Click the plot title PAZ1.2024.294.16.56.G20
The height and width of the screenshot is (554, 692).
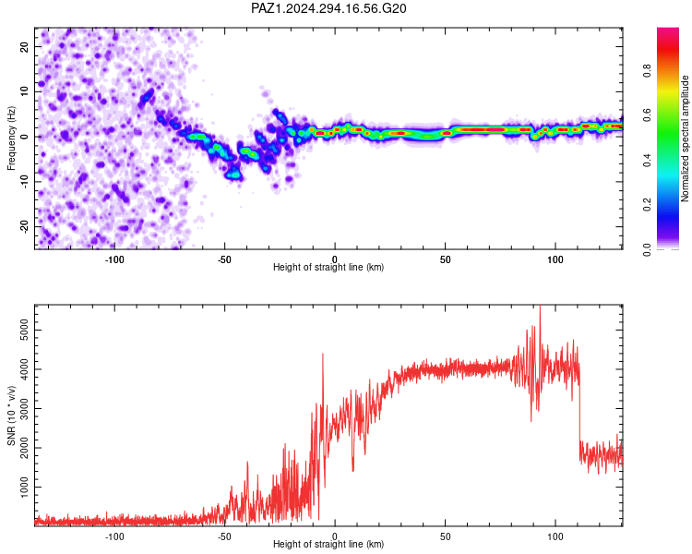tap(328, 8)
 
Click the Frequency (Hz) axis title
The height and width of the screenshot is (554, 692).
tap(11, 138)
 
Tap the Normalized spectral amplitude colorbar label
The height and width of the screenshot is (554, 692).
tap(685, 138)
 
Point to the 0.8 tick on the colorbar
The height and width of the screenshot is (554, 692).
tap(647, 71)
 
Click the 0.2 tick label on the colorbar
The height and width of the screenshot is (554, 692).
tap(647, 205)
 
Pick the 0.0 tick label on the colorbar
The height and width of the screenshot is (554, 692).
tap(647, 249)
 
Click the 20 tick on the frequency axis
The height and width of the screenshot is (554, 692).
tap(25, 47)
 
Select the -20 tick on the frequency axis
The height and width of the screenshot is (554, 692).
tap(25, 227)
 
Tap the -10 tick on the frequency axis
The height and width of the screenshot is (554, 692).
tap(25, 182)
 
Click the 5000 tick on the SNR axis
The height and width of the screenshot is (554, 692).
tap(25, 331)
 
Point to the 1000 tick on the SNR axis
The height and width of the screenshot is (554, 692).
tap(25, 488)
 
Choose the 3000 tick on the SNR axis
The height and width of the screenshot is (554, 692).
tap(25, 409)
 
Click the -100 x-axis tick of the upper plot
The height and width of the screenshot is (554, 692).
tap(114, 259)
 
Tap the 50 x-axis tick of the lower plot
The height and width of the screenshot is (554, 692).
tap(445, 536)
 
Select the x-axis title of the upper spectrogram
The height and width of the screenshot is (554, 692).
tap(328, 267)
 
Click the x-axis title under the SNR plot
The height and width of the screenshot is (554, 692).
tap(328, 544)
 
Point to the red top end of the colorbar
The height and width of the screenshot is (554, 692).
tap(668, 30)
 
